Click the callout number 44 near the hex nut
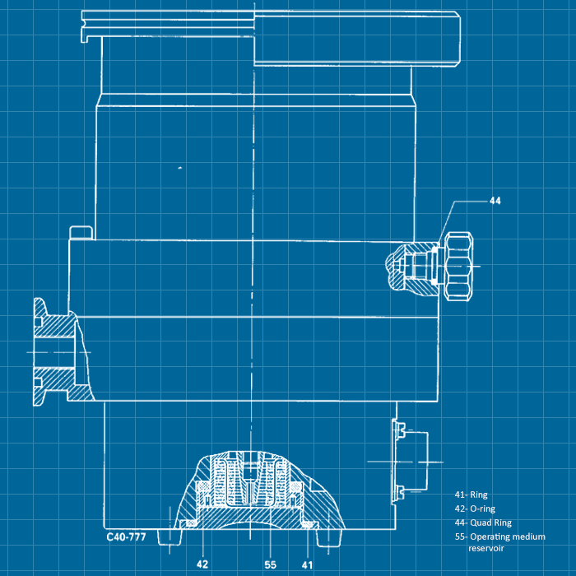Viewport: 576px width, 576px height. [x=495, y=200]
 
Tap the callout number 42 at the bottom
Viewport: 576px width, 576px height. [x=203, y=564]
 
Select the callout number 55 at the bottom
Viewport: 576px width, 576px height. [x=270, y=564]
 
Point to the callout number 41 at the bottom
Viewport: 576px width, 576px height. [x=307, y=564]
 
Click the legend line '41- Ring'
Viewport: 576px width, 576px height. [x=471, y=495]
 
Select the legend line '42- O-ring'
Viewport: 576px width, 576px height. [x=476, y=509]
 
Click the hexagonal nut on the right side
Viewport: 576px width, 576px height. [x=458, y=264]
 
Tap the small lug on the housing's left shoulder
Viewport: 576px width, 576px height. [x=80, y=232]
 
